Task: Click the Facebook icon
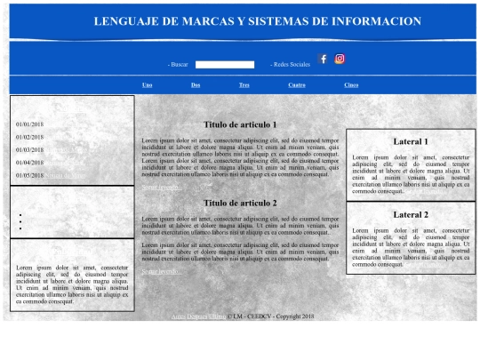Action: click(324, 59)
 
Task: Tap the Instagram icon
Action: click(340, 59)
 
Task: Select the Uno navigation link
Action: click(148, 84)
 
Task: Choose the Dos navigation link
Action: click(196, 84)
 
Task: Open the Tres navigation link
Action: click(244, 84)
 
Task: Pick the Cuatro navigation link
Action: click(297, 84)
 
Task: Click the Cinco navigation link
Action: click(351, 84)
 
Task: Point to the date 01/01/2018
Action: click(29, 124)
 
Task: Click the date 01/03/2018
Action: click(29, 150)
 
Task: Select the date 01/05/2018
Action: click(29, 175)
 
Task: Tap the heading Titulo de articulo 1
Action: click(240, 125)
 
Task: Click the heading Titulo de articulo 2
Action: click(240, 203)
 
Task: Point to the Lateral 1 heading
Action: click(411, 141)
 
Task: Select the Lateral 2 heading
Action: click(411, 215)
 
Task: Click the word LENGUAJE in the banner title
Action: click(133, 20)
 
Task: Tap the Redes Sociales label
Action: click(291, 65)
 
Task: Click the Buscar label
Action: click(179, 65)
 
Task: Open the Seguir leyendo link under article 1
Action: click(161, 188)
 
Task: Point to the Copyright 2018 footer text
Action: click(295, 316)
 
